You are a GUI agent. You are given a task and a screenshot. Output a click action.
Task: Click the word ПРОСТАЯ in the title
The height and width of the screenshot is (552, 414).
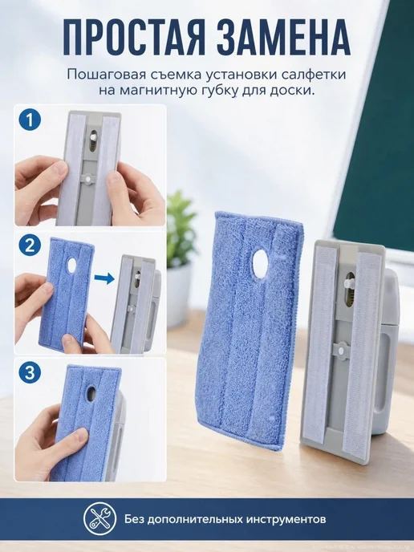(x=135, y=37)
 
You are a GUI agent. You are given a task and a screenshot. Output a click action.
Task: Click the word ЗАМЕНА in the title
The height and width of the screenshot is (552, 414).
(x=284, y=37)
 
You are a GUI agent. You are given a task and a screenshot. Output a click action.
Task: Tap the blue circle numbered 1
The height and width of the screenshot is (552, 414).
(x=30, y=120)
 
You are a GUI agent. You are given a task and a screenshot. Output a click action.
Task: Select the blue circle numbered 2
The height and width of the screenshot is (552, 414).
(x=30, y=246)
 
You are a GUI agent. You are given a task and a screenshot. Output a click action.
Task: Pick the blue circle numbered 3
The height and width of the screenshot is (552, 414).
(x=30, y=372)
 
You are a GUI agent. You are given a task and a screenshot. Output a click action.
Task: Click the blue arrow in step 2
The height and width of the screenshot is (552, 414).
(x=104, y=279)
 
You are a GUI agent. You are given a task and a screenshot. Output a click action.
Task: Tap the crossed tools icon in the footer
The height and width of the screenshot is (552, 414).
(x=100, y=518)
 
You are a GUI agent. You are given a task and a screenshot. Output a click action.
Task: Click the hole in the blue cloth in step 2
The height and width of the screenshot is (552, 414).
(x=72, y=266)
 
